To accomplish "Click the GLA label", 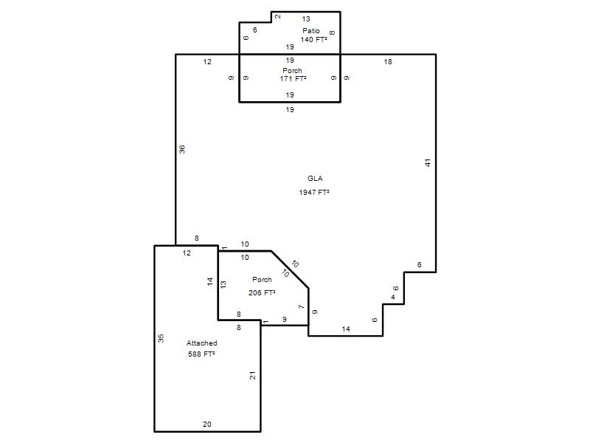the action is point(315,178).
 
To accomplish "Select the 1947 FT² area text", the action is point(314,192).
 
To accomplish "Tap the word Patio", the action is point(310,30).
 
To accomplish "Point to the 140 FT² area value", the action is point(313,39).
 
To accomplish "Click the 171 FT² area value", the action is point(293,78).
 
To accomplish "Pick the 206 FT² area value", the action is point(262,292).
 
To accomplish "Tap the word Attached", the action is point(201,343).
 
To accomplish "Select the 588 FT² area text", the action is point(201,354).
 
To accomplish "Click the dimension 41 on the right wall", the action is point(428,162).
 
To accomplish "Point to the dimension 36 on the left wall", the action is point(182,149).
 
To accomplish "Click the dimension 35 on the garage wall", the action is point(161,338).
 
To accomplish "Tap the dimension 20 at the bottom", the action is point(207,424).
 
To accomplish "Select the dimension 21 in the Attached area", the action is point(252,375).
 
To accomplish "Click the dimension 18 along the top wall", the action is point(388,61).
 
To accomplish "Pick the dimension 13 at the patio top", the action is point(306,18).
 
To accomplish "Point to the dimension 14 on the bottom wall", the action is point(346,329).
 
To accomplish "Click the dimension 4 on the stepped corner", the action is point(393,298).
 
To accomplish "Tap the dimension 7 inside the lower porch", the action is point(302,307).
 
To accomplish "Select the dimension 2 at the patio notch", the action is point(278,16).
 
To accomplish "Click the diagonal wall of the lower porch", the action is point(290,269).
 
